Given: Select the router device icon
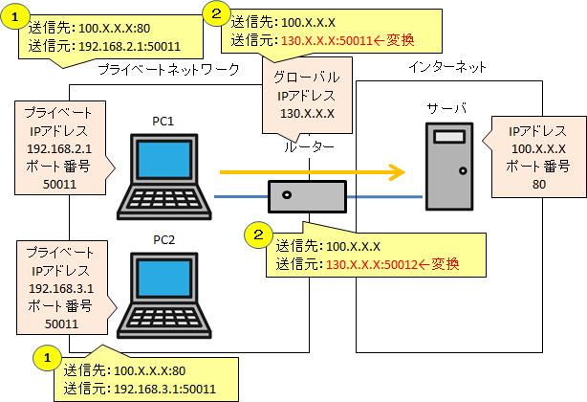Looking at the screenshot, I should [x=306, y=196].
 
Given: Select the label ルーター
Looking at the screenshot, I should [x=309, y=147].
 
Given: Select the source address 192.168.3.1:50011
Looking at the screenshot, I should [x=164, y=388].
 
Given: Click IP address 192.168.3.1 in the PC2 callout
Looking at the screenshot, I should [x=60, y=288].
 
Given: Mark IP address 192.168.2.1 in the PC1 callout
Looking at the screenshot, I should [x=60, y=149].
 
